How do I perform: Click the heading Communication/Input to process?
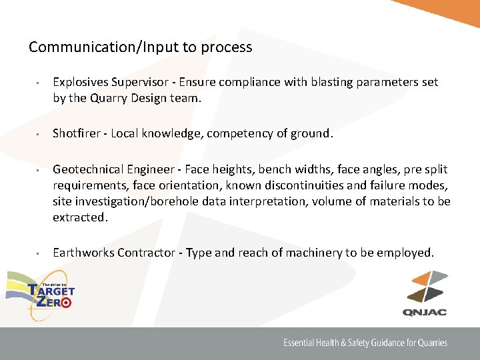(141, 47)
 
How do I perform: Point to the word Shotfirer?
(77, 133)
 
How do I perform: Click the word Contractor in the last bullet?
(147, 253)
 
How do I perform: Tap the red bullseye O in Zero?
(65, 302)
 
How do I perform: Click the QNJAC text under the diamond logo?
(425, 312)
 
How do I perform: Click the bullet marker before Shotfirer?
(39, 134)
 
